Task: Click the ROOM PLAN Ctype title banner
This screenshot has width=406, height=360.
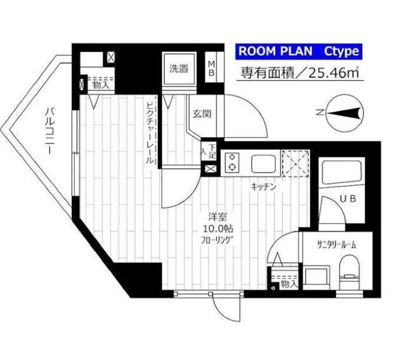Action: pyautogui.click(x=298, y=51)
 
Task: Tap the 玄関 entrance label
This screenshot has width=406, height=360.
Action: pyautogui.click(x=201, y=114)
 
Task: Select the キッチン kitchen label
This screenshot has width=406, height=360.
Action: pyautogui.click(x=263, y=187)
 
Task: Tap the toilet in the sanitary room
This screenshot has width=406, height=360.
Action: pyautogui.click(x=348, y=270)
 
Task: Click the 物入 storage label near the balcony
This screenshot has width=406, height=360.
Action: pyautogui.click(x=98, y=84)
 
